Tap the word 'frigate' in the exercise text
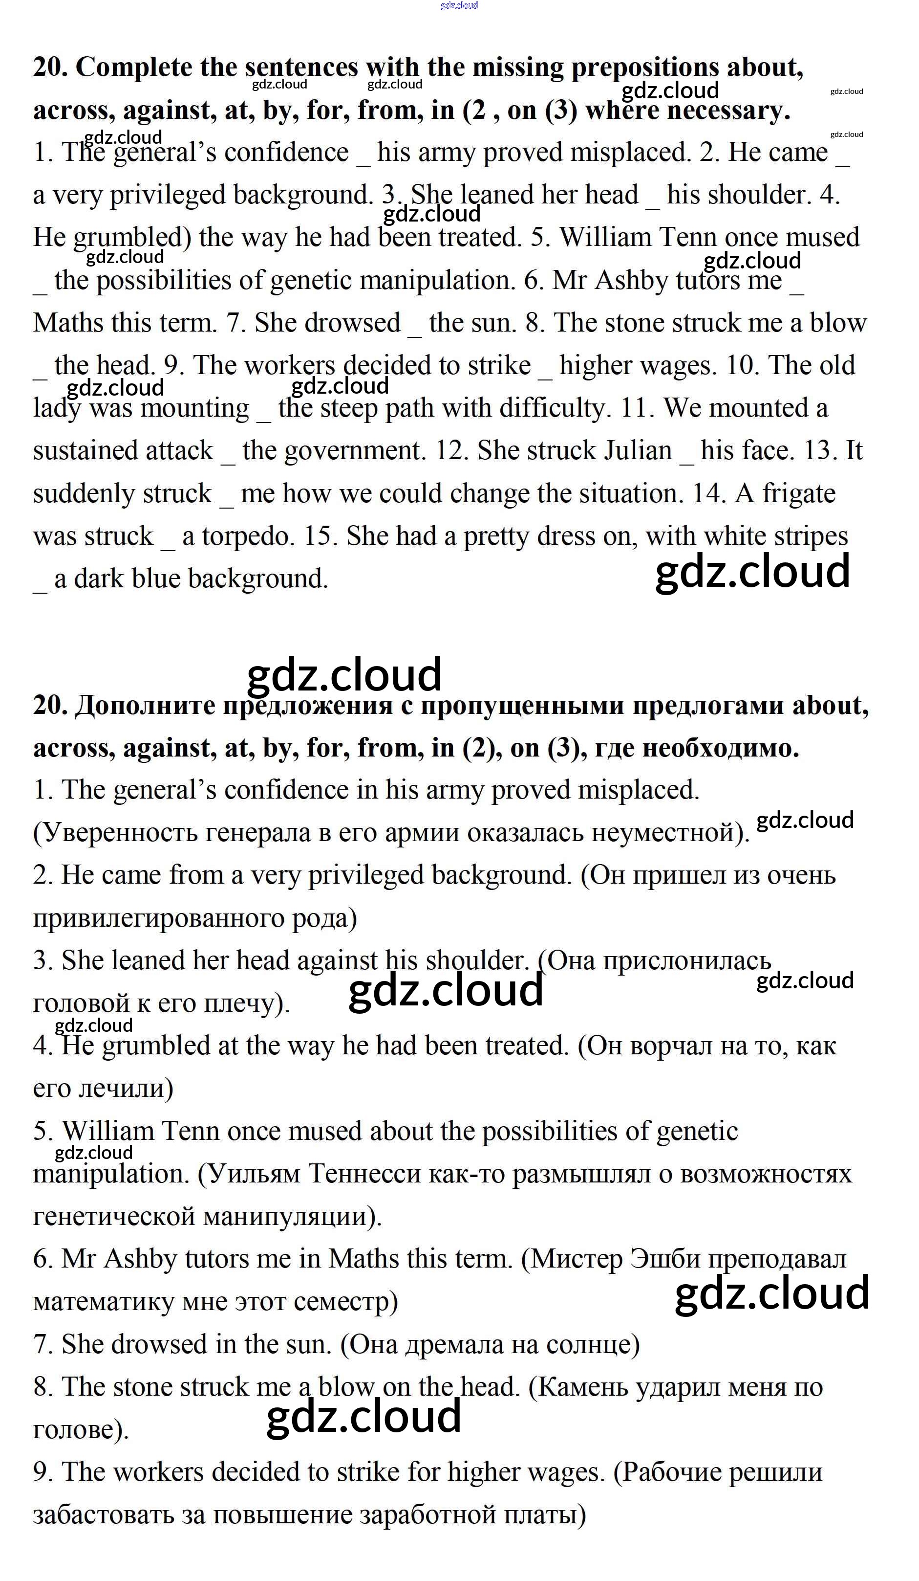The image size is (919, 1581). [x=799, y=494]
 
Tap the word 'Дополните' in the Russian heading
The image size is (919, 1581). [x=146, y=706]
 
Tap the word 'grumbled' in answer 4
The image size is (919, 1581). [x=155, y=1046]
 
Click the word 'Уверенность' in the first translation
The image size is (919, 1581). [x=119, y=832]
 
